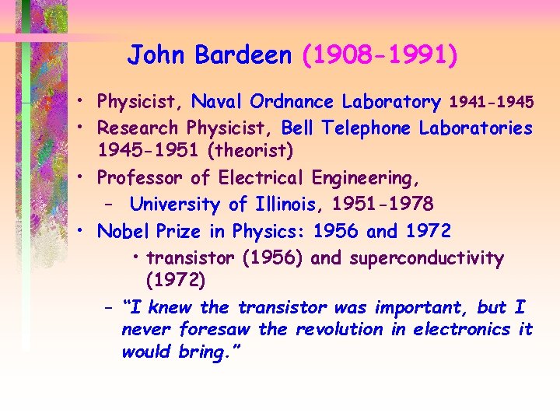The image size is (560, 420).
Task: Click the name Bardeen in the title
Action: [x=243, y=55]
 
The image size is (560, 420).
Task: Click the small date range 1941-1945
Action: [x=492, y=102]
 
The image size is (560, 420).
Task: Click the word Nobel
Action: [x=123, y=231]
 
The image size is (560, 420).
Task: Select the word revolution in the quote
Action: [x=339, y=329]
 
